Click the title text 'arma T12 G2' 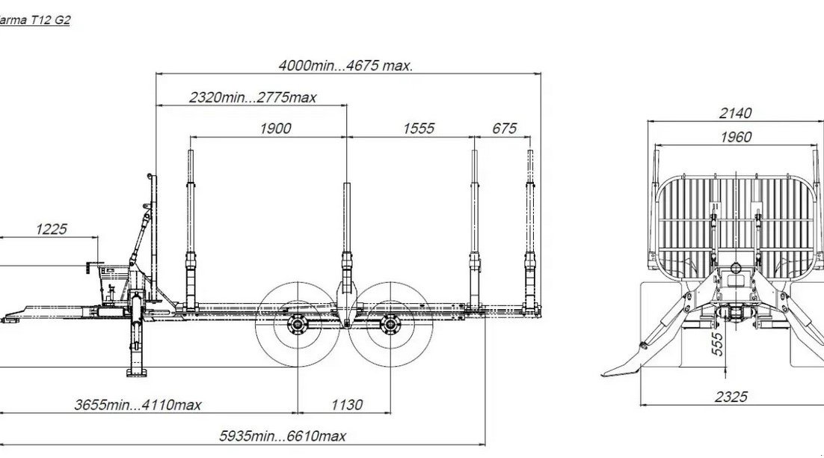click(x=34, y=20)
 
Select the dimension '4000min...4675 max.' click(x=345, y=66)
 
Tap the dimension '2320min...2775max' click(x=253, y=97)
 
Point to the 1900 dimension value click(x=275, y=128)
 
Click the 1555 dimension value click(x=419, y=128)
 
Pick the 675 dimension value click(x=505, y=128)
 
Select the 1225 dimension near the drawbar click(x=52, y=229)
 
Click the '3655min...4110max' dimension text click(x=138, y=405)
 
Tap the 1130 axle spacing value click(x=347, y=405)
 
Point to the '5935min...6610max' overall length click(x=283, y=436)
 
